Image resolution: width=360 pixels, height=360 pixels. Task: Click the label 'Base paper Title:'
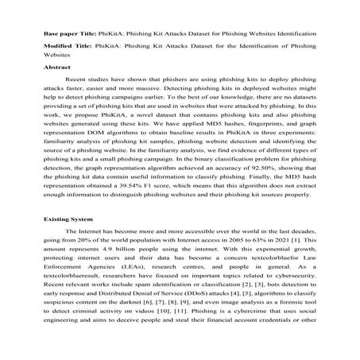(x=67, y=37)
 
